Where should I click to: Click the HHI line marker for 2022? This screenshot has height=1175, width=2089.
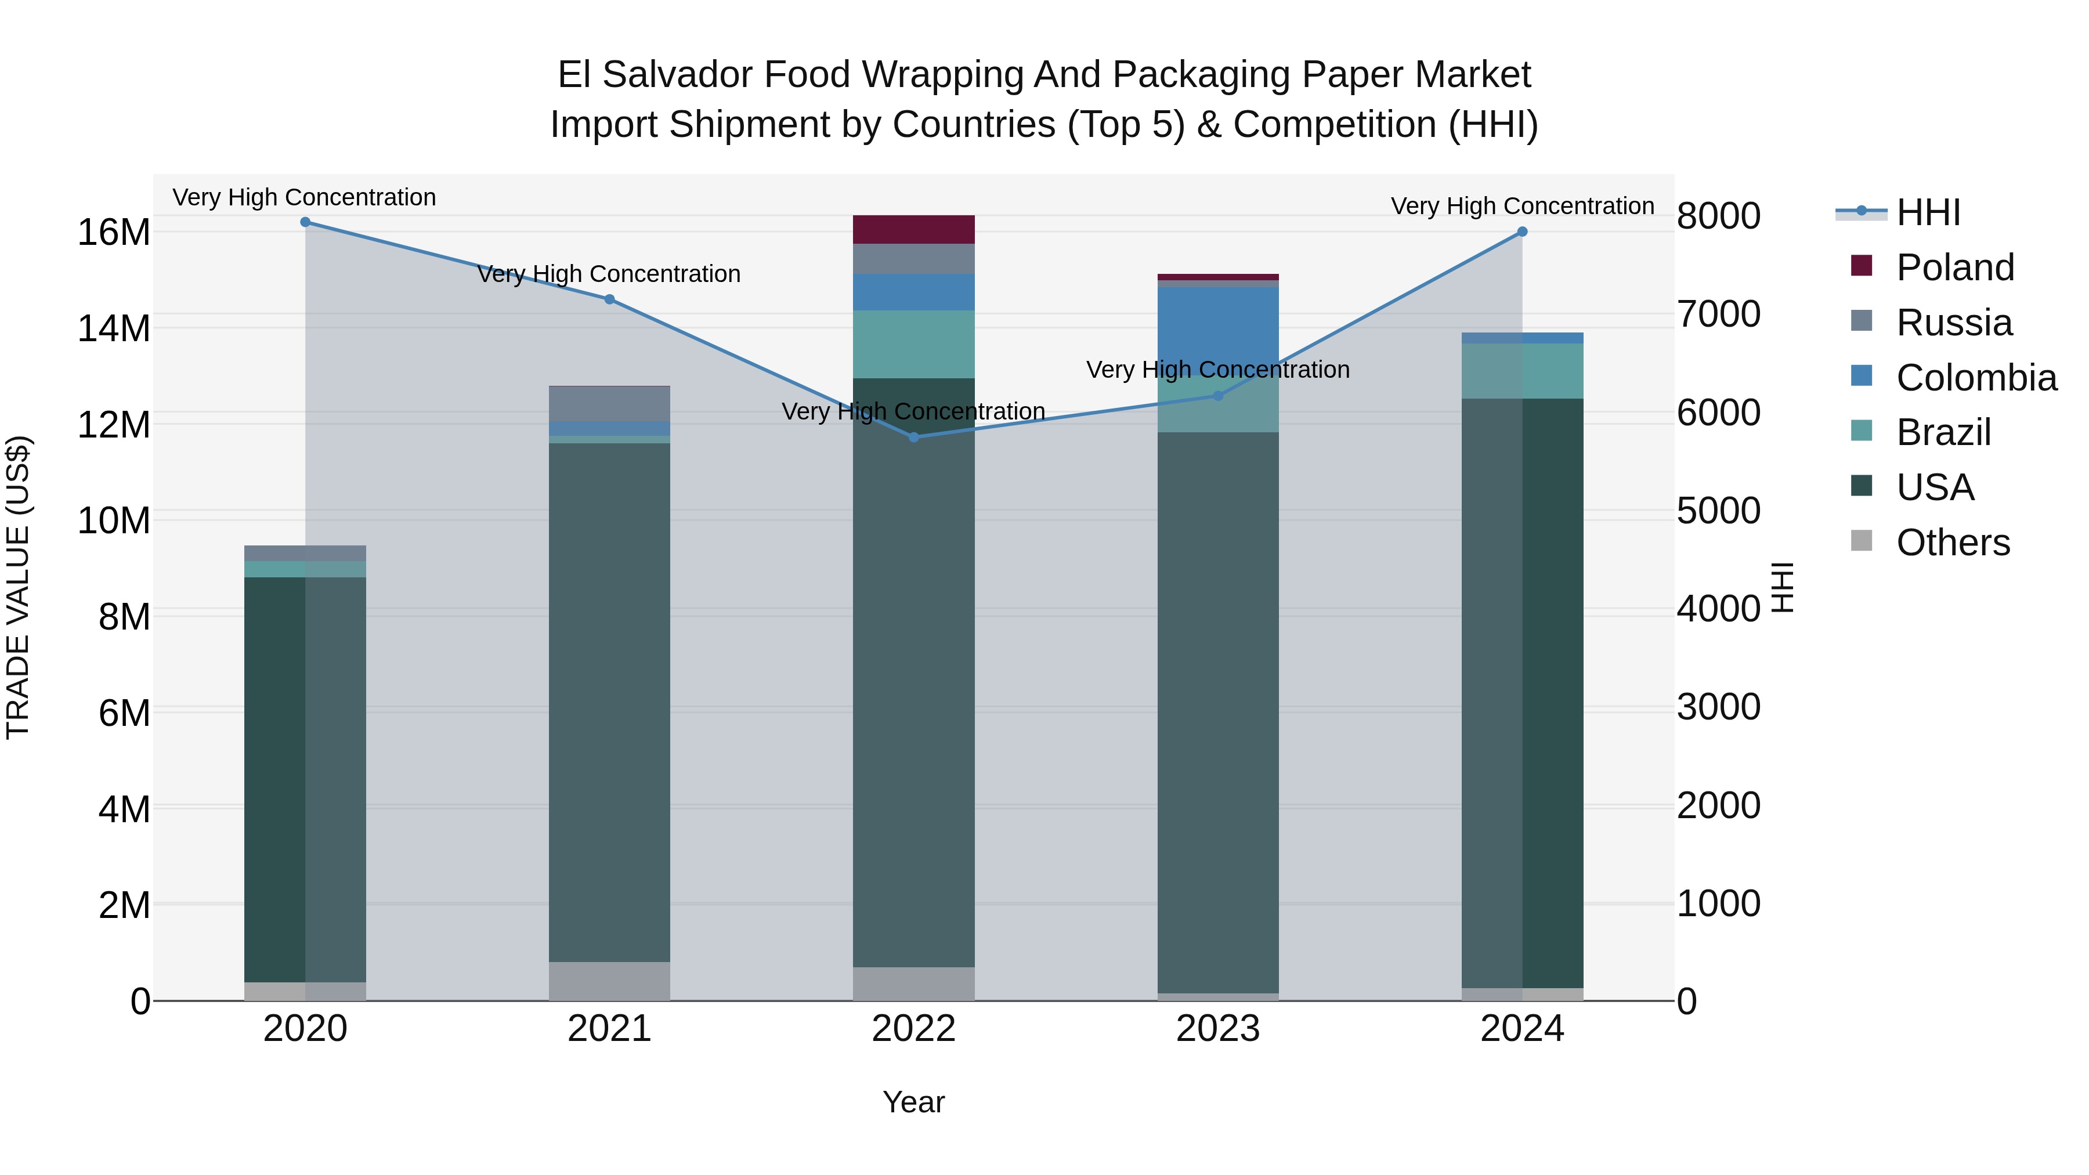(x=914, y=437)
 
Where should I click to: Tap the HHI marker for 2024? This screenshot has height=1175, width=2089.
(x=1522, y=232)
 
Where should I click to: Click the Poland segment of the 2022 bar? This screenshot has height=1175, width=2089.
(x=914, y=229)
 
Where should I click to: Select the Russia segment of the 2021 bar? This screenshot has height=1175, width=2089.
(x=610, y=404)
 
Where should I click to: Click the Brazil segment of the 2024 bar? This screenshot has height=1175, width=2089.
(x=1522, y=371)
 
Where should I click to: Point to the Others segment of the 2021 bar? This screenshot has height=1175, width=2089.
(x=610, y=981)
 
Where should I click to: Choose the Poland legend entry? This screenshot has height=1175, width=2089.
(x=1954, y=267)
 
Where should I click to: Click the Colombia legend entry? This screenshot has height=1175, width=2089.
(x=1975, y=378)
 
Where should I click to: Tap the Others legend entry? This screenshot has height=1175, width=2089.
(x=1953, y=543)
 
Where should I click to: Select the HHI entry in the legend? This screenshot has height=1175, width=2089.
(x=1928, y=212)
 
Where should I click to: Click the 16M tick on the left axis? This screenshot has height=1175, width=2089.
(x=114, y=233)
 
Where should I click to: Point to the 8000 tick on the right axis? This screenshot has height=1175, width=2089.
(x=1718, y=216)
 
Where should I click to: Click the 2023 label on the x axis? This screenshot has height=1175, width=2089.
(x=1218, y=1029)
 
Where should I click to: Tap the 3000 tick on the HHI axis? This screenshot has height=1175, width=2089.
(x=1718, y=707)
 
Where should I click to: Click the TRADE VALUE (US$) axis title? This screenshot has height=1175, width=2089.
(x=18, y=587)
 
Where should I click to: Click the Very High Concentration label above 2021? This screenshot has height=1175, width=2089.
(x=609, y=274)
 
